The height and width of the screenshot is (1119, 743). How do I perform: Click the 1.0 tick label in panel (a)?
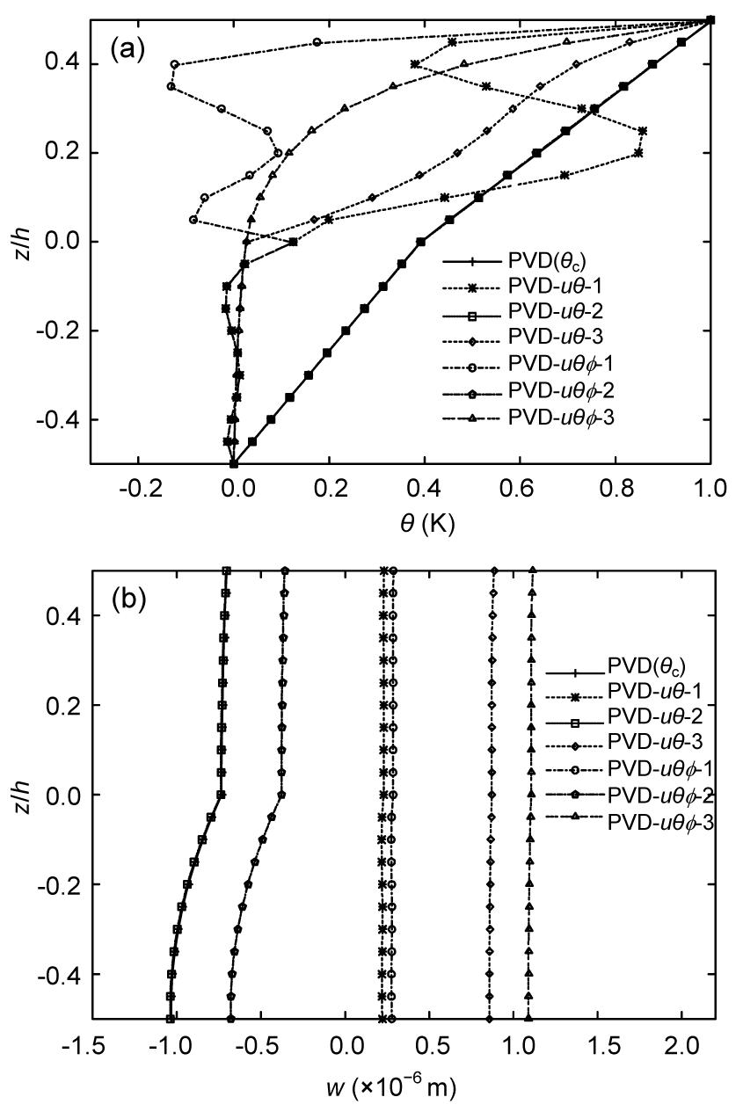[x=710, y=488]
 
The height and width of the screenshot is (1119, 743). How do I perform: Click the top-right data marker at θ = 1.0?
[x=710, y=19]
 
